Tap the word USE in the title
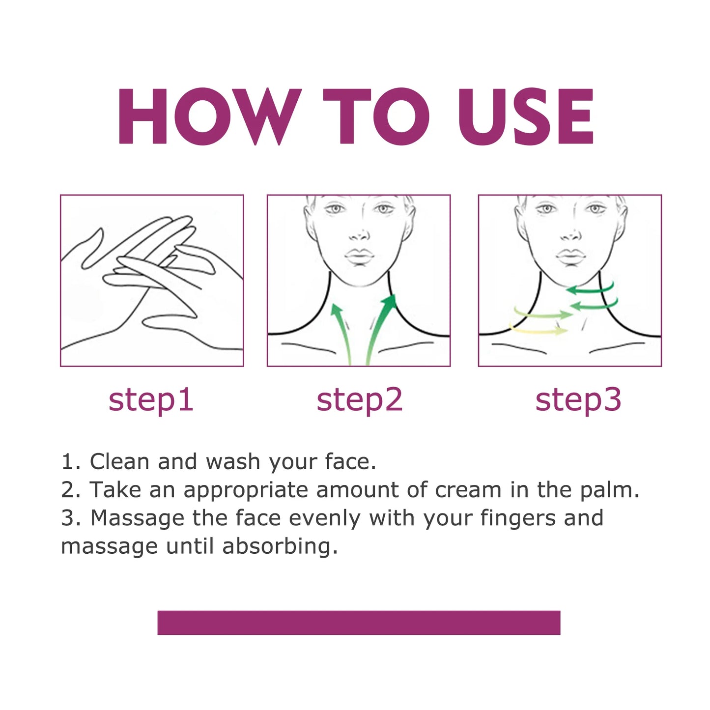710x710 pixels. click(x=525, y=117)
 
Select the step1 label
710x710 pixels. click(x=151, y=400)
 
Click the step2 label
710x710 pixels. click(x=359, y=400)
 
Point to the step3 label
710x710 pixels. click(x=578, y=400)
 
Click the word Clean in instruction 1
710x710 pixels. click(x=119, y=462)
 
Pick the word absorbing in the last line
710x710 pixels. click(x=280, y=546)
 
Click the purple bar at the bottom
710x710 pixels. click(x=359, y=623)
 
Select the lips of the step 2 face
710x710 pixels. click(x=359, y=256)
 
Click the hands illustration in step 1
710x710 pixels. click(x=151, y=281)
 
